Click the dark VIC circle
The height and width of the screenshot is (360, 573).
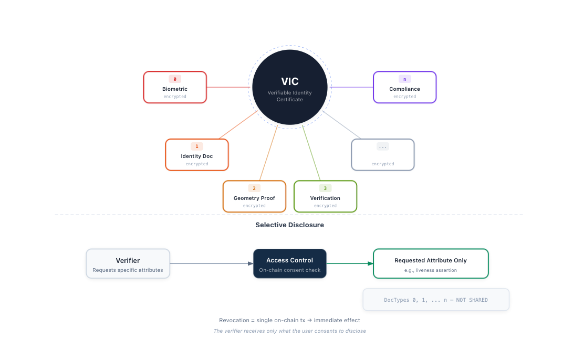pos(290,87)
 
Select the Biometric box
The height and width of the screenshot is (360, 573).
pos(175,87)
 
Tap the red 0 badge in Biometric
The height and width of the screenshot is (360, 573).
pos(175,79)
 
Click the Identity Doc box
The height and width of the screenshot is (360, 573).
pos(197,155)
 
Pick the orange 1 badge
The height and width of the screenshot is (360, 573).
pos(197,146)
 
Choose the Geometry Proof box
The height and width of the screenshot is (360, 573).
pos(254,196)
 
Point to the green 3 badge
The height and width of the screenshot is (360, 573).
pos(325,188)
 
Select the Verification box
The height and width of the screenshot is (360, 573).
pos(325,196)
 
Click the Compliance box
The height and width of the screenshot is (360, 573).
pos(404,87)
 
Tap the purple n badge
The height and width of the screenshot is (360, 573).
pos(404,79)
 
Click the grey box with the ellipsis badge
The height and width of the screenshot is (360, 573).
pos(383,155)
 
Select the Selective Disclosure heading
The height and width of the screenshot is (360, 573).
pos(289,225)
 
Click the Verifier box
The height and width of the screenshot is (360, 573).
pos(128,263)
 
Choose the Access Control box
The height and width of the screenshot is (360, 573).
pos(289,263)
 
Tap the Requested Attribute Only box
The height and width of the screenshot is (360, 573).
pos(431,263)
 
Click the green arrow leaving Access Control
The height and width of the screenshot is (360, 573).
pos(350,263)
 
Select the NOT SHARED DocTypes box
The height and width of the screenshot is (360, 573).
pos(436,300)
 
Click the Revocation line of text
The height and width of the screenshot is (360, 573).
pos(289,320)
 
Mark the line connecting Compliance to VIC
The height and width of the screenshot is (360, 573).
pos(351,87)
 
